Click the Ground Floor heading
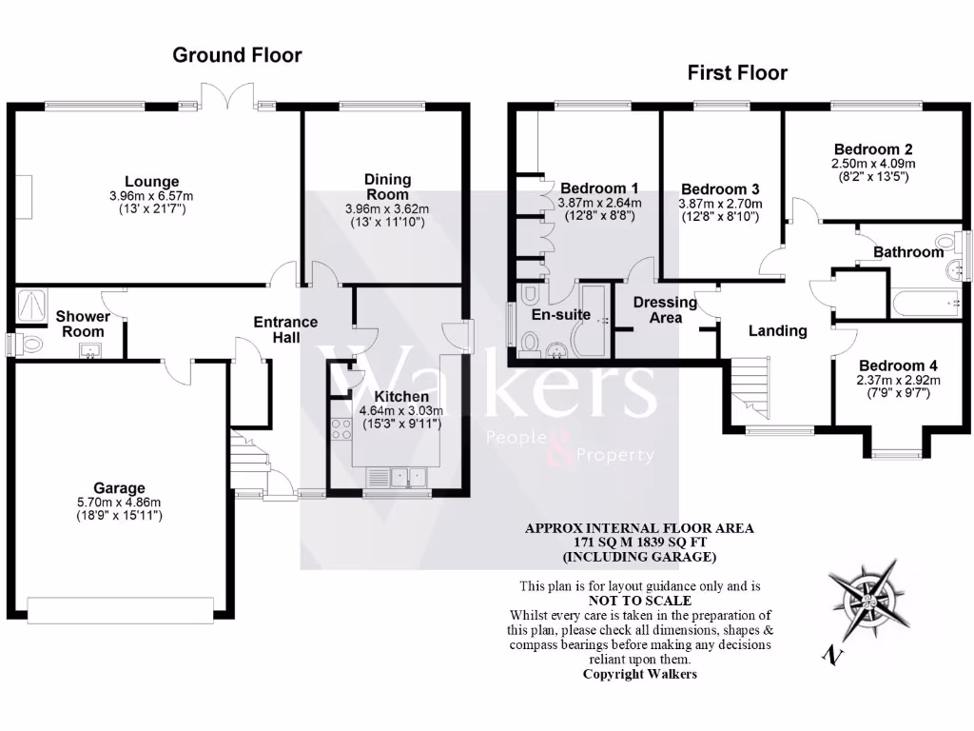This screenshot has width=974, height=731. coord(237,55)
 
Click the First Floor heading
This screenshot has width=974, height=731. coord(738,72)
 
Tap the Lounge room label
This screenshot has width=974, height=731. coord(151,182)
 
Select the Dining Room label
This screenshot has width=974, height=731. coord(388,187)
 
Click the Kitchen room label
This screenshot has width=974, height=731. coord(400,397)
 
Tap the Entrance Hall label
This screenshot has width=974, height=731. coord(285,330)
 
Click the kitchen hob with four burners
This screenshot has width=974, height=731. coord(341,429)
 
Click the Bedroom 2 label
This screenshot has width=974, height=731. coord(873,149)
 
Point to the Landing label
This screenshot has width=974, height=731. coord(777,331)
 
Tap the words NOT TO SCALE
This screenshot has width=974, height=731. coord(639,601)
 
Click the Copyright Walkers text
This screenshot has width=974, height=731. coord(639,673)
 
